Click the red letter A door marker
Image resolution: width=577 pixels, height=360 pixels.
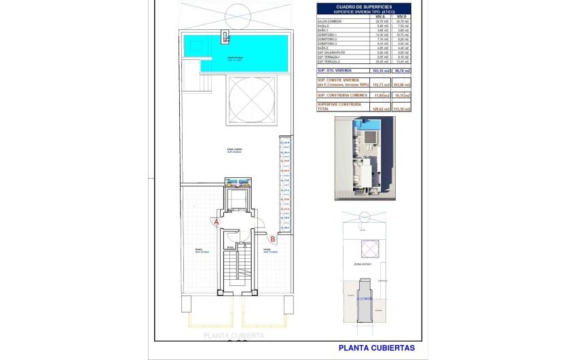click(x=217, y=221)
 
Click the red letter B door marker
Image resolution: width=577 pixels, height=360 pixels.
click(x=272, y=238)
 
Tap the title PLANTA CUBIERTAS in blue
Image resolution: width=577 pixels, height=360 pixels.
click(x=376, y=348)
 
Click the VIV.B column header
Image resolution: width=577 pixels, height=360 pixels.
click(x=403, y=16)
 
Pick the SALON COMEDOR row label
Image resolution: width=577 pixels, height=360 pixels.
click(x=329, y=21)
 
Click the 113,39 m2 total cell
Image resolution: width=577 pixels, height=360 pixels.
click(x=403, y=108)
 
